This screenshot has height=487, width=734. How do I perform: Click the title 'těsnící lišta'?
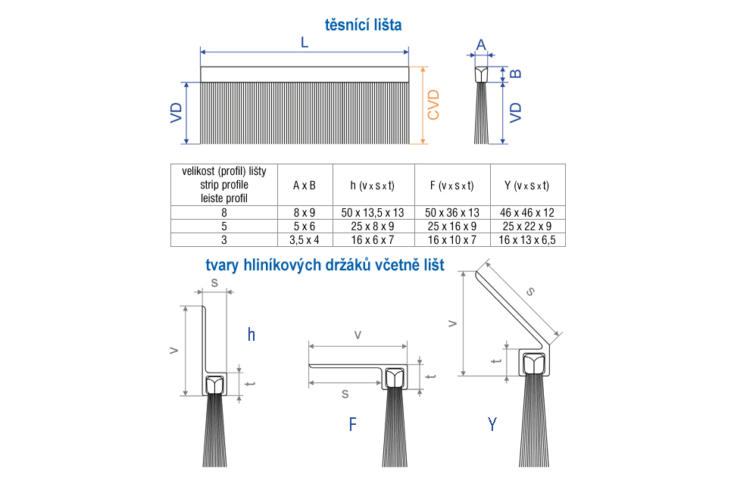tap(364, 25)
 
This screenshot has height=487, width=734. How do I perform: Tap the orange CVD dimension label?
tap(433, 105)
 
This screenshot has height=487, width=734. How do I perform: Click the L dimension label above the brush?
tap(305, 42)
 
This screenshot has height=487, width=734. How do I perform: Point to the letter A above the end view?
tap(481, 45)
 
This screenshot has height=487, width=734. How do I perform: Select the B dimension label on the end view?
tap(515, 73)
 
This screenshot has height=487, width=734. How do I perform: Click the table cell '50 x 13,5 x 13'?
tap(373, 213)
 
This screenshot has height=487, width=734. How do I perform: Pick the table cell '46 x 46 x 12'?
tap(527, 213)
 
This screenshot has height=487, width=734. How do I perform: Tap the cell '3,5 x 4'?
tap(305, 240)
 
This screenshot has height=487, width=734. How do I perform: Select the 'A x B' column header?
tap(305, 186)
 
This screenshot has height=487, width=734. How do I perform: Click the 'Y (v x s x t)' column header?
tap(526, 186)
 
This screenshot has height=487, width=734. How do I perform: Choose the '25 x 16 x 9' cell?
tap(452, 226)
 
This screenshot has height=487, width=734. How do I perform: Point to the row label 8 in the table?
tap(224, 213)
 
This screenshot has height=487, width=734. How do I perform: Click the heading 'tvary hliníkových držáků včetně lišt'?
tap(325, 265)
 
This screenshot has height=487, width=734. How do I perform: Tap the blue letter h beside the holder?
tap(251, 334)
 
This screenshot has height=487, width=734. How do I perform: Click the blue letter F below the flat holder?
tap(353, 424)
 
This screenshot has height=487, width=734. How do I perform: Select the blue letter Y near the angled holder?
tap(492, 424)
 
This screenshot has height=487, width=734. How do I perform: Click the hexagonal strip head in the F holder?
tap(395, 377)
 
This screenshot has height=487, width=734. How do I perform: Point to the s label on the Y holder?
tap(530, 292)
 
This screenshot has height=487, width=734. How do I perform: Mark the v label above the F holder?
tap(358, 336)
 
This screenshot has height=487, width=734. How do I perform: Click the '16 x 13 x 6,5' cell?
tap(527, 240)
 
